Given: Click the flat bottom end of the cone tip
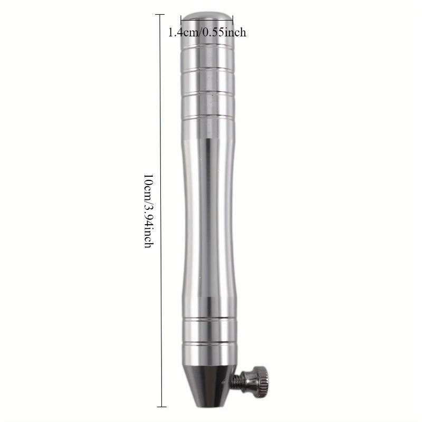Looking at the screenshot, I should (207, 405).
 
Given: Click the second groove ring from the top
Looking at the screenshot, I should (207, 70).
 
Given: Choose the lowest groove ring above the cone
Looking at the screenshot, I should (207, 343).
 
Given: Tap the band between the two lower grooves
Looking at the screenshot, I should (207, 331).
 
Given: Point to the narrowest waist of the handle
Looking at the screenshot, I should (207, 211).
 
